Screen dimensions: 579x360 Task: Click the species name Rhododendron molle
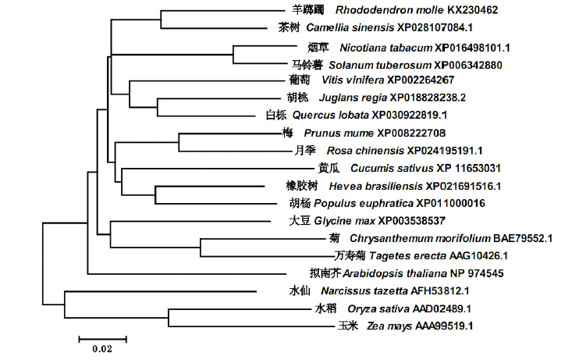point(389,10)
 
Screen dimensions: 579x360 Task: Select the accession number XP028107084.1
point(435,27)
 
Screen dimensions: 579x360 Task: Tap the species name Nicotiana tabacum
point(386,48)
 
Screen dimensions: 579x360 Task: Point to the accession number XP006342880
point(468,66)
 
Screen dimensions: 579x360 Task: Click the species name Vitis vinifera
point(353,80)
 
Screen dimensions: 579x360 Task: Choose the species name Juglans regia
point(353,98)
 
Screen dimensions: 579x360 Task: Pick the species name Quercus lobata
point(331,116)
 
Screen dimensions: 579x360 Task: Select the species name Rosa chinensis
point(365,151)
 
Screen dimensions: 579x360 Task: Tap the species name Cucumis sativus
point(392,169)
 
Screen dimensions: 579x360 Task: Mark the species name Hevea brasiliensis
point(375,187)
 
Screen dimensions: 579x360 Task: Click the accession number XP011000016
point(451,204)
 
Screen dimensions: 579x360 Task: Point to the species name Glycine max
point(345,222)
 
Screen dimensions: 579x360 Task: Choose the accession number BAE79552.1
point(523,239)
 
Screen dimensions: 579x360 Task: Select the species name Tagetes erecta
point(407,256)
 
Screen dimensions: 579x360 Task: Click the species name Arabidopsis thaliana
point(395,274)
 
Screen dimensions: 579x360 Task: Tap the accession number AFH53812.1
point(440,291)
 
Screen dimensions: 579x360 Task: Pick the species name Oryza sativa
point(378,309)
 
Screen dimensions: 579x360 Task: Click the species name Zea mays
point(389,326)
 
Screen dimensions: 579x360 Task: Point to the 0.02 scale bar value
point(102,349)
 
